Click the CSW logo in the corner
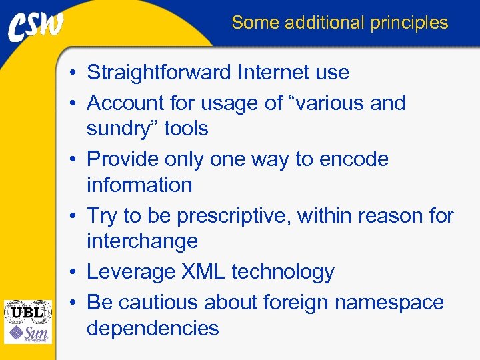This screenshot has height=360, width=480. click(x=36, y=26)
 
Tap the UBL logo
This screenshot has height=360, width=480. click(x=27, y=311)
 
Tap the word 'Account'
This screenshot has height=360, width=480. click(x=126, y=103)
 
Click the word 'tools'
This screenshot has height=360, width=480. click(x=186, y=129)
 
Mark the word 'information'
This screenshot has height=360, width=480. click(x=139, y=185)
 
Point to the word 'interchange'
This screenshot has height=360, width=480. click(x=142, y=241)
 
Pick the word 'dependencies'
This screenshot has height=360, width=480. click(x=153, y=328)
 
